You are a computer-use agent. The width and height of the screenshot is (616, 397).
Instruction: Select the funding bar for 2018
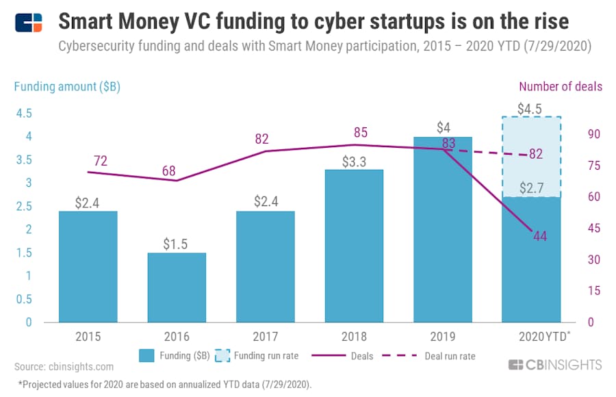click(353, 246)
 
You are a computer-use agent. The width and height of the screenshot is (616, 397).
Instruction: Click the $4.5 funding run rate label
click(531, 108)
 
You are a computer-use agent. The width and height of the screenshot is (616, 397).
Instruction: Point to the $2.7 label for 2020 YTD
click(531, 188)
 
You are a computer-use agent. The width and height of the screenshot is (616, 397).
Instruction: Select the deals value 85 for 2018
click(353, 132)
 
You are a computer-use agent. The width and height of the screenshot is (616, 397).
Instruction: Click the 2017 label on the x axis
click(265, 336)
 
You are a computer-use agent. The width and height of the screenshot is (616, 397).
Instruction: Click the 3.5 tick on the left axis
click(24, 160)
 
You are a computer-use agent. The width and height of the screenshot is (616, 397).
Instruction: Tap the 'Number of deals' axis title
click(561, 86)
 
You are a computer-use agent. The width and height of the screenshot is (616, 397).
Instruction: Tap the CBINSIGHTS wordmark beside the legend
click(555, 364)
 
